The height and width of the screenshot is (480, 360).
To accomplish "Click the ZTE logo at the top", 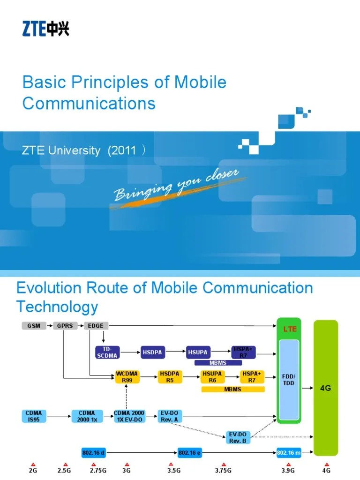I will [45, 30].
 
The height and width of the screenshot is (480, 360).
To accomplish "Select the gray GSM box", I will [34, 325].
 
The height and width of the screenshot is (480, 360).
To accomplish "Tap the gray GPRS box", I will [65, 325].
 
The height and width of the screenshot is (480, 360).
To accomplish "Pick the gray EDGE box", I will [97, 325].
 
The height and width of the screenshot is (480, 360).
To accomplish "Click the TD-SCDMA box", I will [108, 352].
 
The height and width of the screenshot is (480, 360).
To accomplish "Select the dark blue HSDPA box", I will [154, 352].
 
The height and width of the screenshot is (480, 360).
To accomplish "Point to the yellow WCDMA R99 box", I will [127, 377].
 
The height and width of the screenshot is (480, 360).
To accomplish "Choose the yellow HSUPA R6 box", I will [212, 377].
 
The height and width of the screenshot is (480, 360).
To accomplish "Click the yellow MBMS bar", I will [232, 389].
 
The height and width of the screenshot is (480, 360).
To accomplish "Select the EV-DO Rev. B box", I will [238, 437].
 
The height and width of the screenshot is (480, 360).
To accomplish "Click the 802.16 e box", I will [189, 453].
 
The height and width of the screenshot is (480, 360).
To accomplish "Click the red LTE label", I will [290, 329].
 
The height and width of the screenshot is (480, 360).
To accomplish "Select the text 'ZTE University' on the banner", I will [61, 150].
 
